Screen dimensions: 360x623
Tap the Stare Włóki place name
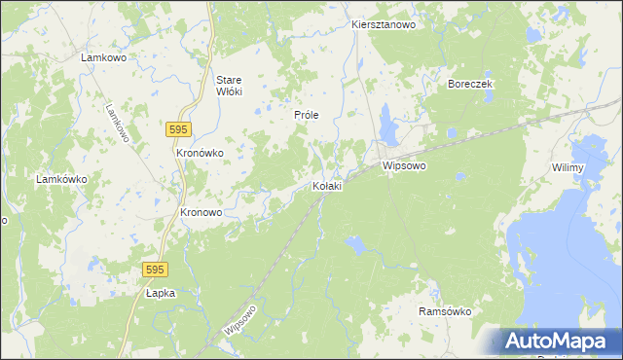coord(229,85)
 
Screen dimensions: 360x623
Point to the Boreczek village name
coord(470,84)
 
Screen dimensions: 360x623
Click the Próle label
coord(307,114)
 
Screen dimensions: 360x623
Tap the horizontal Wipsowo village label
coord(405,166)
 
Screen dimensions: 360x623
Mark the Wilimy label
coord(567,168)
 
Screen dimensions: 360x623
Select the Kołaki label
coord(326,186)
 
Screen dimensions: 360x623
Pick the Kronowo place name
coord(202,212)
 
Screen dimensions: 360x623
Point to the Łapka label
coord(160,292)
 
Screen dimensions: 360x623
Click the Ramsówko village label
coord(445,311)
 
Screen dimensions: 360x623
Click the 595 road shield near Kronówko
coord(177,129)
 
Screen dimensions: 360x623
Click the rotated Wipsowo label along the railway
coord(239,317)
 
